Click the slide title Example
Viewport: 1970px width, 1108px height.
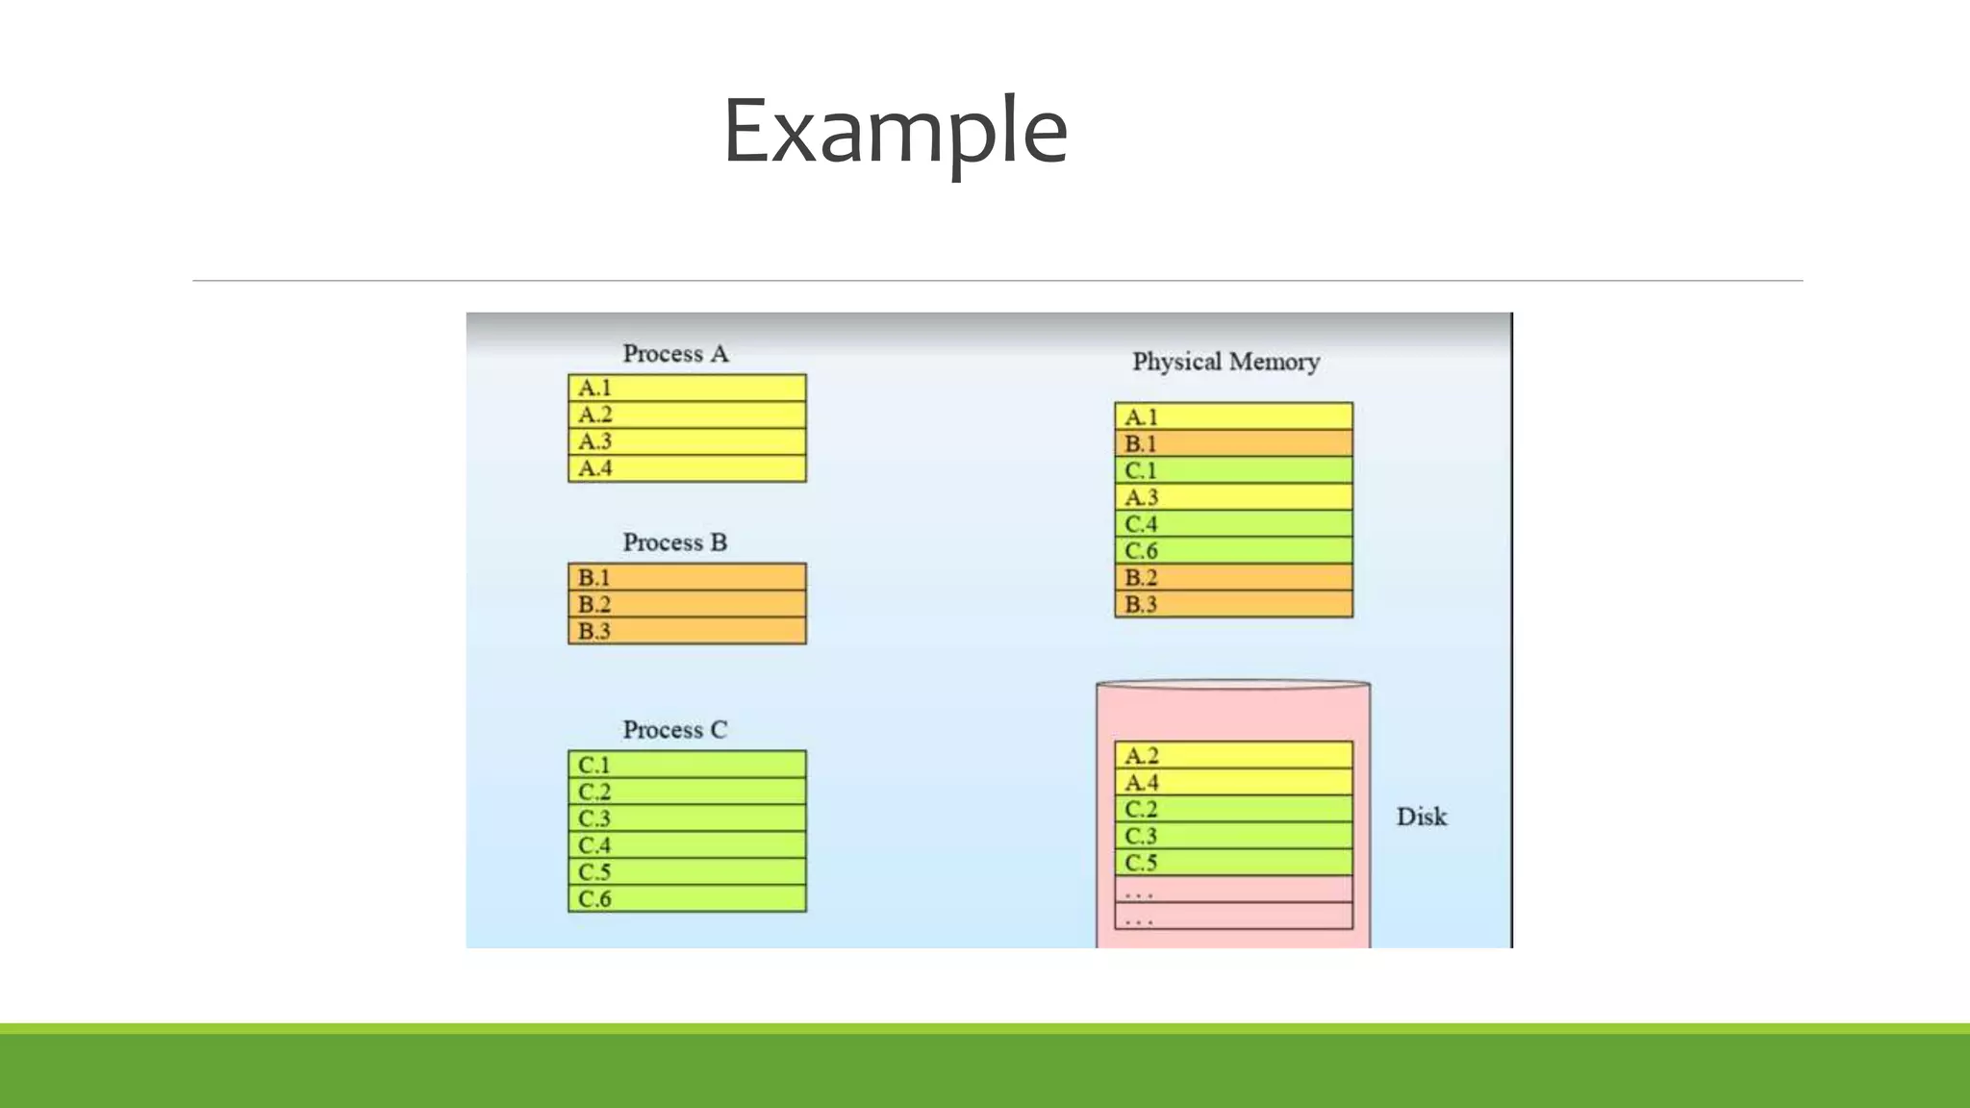pos(895,132)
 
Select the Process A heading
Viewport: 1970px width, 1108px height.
pos(675,354)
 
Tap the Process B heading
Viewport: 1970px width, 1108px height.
pos(674,542)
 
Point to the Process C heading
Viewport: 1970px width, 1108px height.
pos(674,730)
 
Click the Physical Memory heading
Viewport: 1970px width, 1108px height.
pos(1225,362)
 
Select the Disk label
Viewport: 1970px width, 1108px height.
pos(1421,817)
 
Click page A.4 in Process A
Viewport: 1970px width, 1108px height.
pos(687,468)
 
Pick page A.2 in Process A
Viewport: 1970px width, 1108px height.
pos(687,415)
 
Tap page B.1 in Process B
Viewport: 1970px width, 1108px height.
pos(687,577)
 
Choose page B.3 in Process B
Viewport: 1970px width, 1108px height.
pos(687,631)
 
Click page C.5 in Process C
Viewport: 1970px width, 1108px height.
pos(687,871)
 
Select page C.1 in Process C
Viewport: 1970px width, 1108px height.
pos(687,765)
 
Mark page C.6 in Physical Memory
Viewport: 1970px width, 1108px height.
pos(1233,550)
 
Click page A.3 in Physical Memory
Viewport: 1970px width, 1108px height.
pos(1233,497)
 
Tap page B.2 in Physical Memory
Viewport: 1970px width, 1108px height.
pos(1233,577)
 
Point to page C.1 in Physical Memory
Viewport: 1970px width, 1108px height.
pos(1233,470)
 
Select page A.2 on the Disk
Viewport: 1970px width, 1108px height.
pos(1233,755)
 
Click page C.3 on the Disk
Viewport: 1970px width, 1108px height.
pos(1233,836)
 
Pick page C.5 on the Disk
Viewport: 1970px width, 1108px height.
pos(1233,863)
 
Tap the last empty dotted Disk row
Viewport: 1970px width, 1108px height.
pos(1233,917)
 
